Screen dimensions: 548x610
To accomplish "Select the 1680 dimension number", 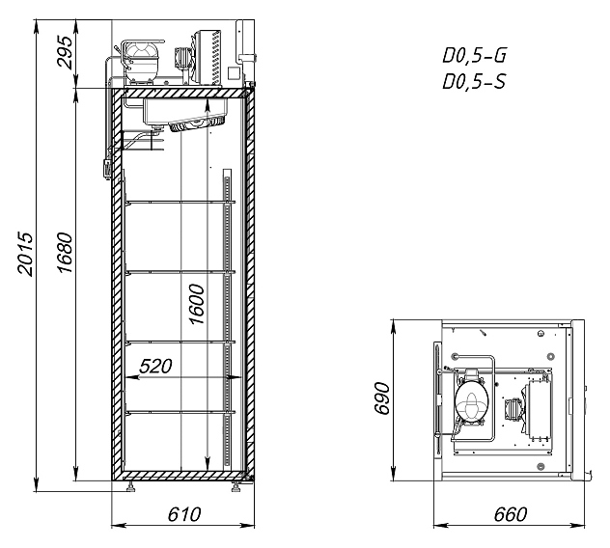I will click(65, 254).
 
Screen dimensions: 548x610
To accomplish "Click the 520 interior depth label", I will click(158, 367).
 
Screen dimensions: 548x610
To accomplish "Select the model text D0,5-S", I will click(473, 84).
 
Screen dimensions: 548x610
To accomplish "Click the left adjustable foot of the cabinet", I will click(131, 486).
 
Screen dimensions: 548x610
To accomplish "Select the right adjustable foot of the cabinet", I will click(235, 486).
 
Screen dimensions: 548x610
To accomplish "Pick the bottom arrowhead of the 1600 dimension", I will click(207, 467).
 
